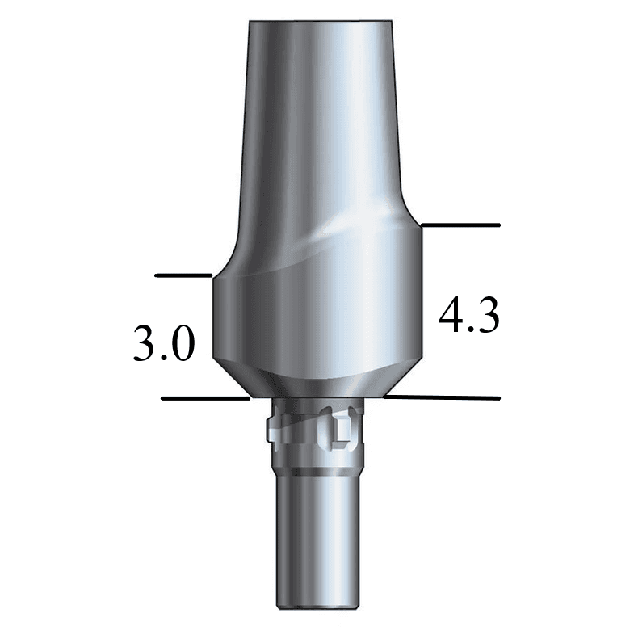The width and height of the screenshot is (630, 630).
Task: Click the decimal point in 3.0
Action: click(164, 359)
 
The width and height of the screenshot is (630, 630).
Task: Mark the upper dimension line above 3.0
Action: click(183, 276)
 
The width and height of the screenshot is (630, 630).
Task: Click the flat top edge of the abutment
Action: click(316, 17)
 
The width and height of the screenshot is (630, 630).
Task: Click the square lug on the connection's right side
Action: click(342, 430)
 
